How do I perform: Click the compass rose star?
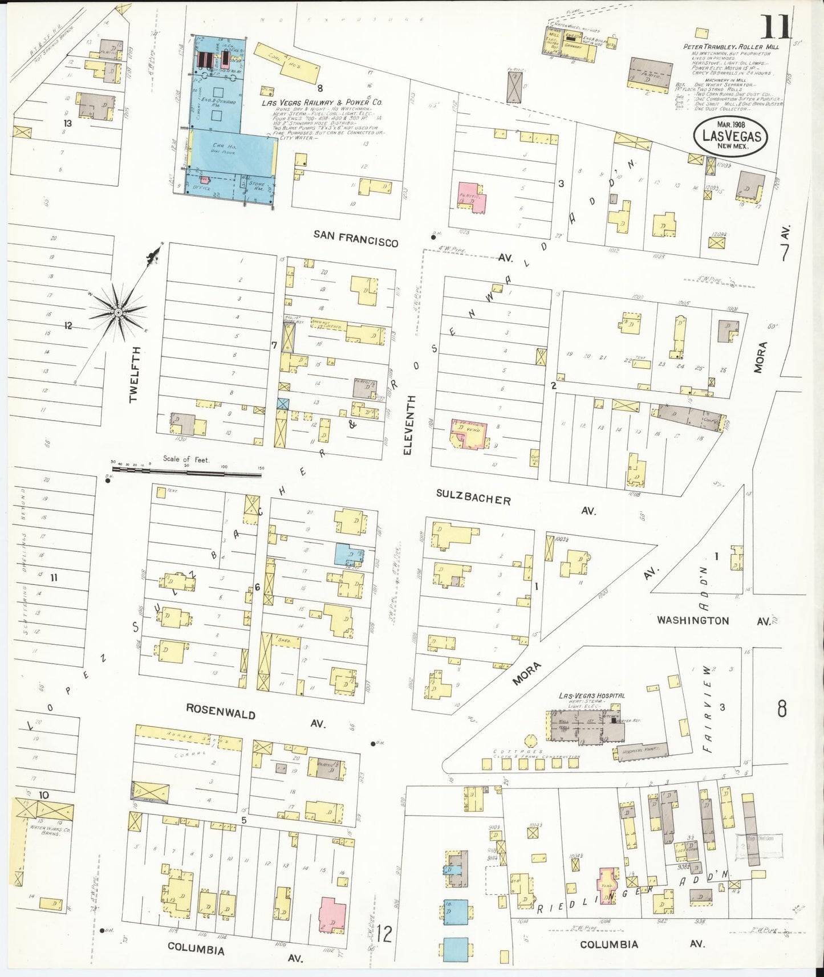tap(117, 312)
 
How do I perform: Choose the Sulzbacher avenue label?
tap(473, 498)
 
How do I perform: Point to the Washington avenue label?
tap(693, 620)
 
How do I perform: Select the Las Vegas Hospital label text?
tap(591, 695)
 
